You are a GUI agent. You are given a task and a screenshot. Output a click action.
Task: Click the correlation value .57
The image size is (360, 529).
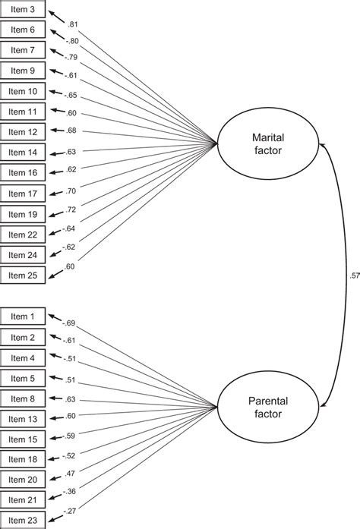pos(354,276)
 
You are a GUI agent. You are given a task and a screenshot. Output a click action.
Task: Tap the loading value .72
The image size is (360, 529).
pos(71,208)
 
